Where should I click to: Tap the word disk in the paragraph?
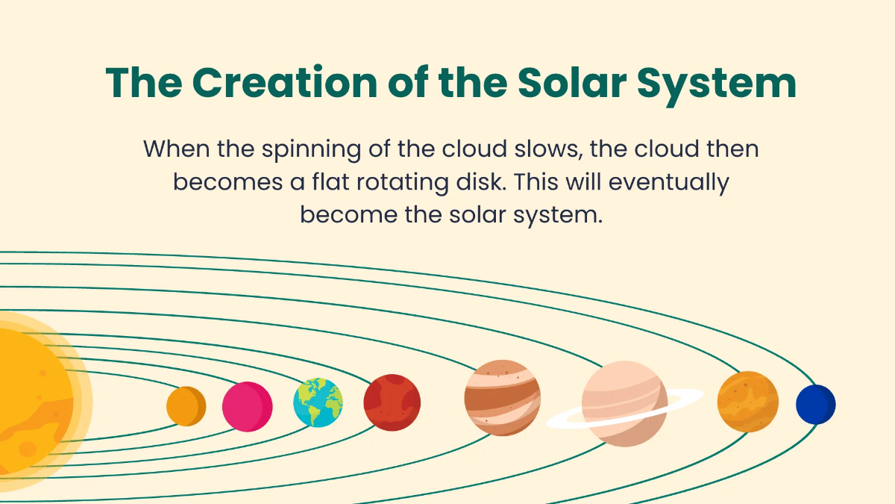tap(487, 181)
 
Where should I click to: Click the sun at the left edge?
tap(30, 399)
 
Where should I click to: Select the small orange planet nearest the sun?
tap(186, 406)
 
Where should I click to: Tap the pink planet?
tap(248, 406)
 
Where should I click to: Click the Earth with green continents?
tap(318, 403)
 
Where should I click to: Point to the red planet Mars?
tap(392, 403)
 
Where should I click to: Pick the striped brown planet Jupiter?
tap(502, 397)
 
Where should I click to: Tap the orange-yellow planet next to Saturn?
tap(747, 402)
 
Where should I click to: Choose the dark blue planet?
tap(815, 404)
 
